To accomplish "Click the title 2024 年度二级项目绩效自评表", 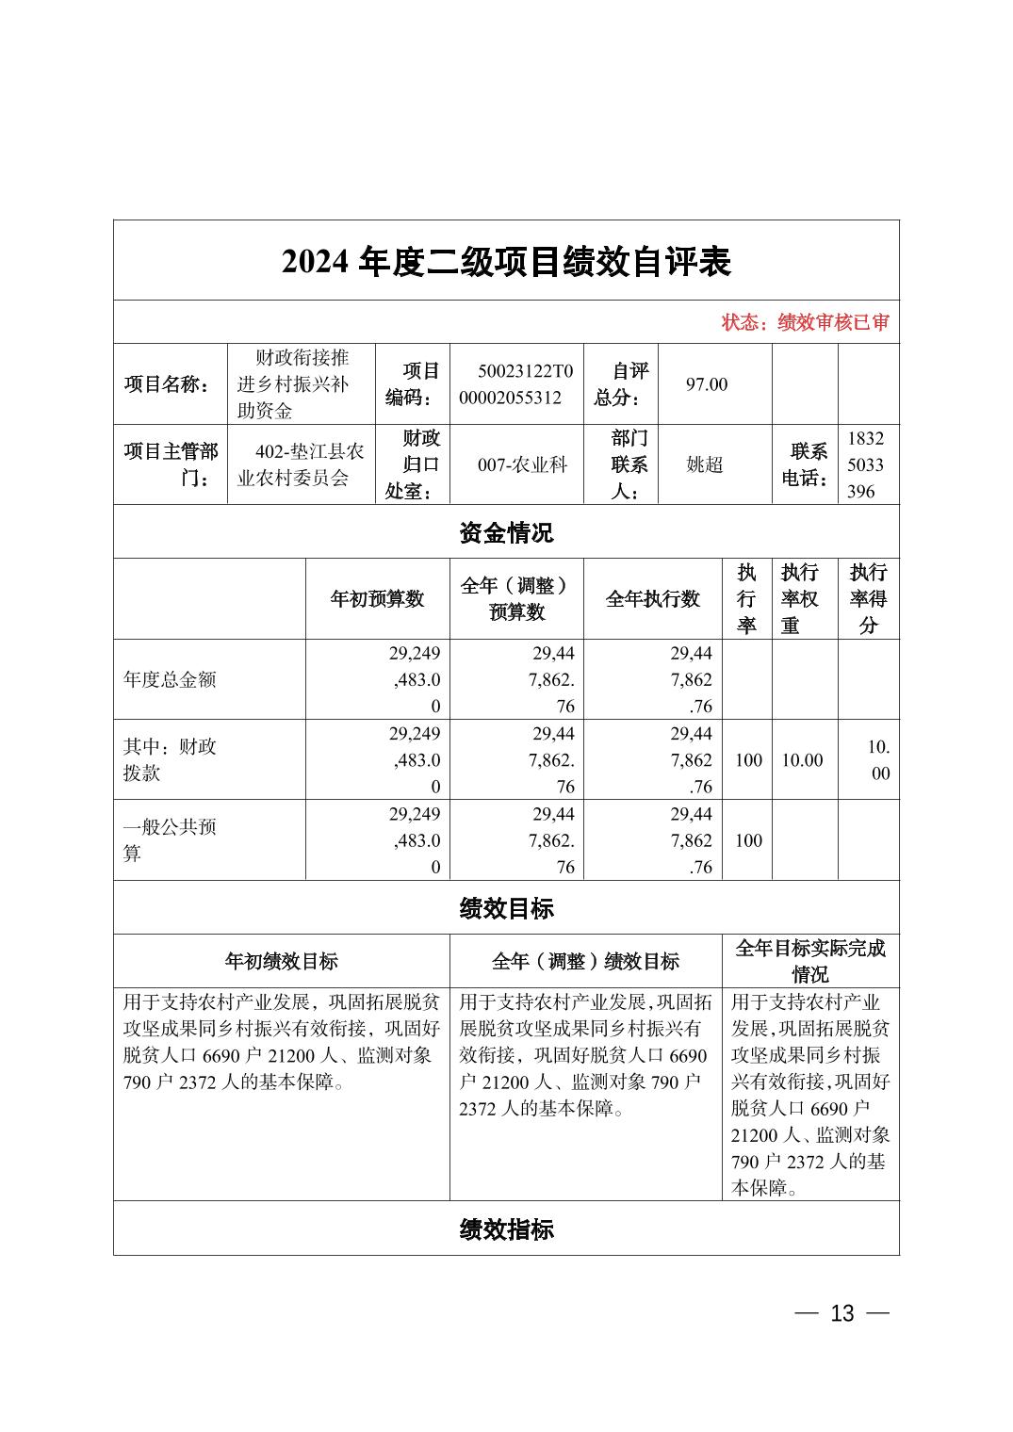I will [506, 262].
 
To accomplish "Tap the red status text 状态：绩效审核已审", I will [805, 322].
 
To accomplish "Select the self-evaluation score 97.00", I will [707, 384].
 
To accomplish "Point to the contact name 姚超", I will [705, 464].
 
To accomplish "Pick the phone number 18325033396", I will [866, 464].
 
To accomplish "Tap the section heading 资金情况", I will [506, 533].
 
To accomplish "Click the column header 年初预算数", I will [377, 599].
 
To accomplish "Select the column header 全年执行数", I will [652, 599].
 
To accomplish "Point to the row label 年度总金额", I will [170, 680].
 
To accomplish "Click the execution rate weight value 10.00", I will [802, 760].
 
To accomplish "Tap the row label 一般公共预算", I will [170, 840].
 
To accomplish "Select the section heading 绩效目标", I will [506, 908].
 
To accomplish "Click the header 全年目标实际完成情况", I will [810, 961].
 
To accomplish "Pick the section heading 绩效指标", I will [506, 1229].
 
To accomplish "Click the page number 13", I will [841, 1313].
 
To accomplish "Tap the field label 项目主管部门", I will [172, 464].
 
